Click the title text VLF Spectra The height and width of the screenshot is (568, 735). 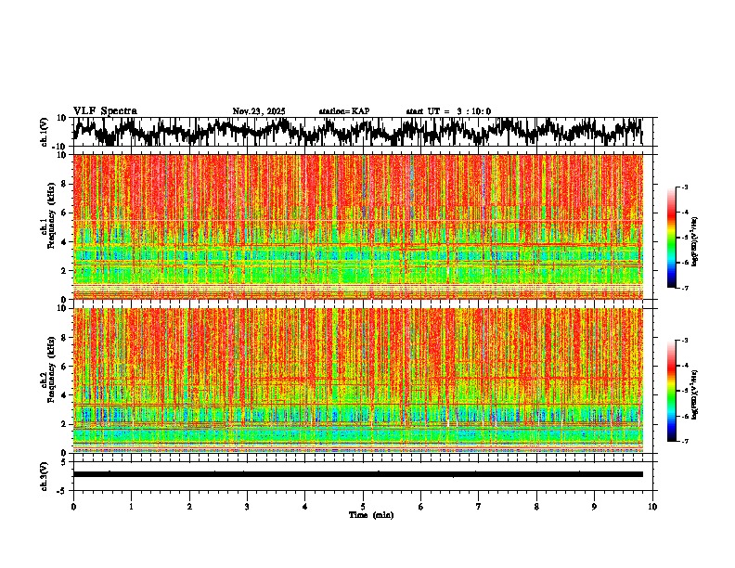(105, 111)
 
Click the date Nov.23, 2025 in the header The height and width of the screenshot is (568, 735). (259, 111)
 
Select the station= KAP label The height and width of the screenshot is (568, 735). (344, 111)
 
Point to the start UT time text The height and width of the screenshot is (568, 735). (448, 111)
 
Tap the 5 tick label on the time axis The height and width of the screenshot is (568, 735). (363, 506)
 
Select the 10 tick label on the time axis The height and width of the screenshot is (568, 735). (652, 506)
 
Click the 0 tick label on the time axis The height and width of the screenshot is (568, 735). (73, 506)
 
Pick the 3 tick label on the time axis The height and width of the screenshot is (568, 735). (247, 506)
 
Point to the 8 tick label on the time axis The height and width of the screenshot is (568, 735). (536, 506)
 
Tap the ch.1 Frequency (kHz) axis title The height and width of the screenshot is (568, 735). (47, 226)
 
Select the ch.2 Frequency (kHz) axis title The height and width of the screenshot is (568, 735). (47, 379)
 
